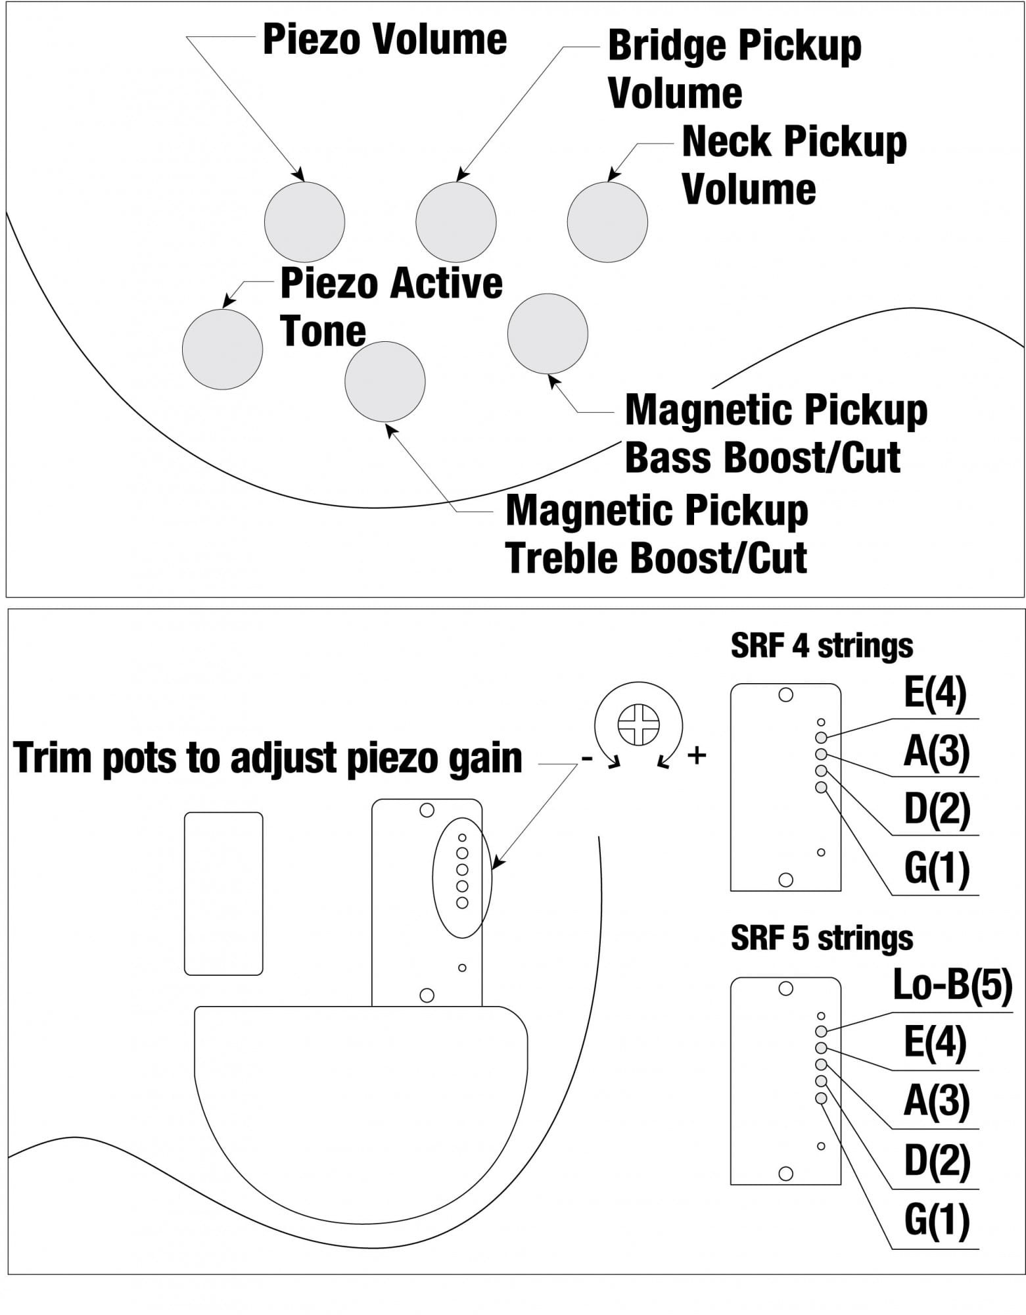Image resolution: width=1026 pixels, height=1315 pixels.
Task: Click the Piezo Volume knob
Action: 304,222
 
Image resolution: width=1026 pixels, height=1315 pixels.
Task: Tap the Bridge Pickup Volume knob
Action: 455,222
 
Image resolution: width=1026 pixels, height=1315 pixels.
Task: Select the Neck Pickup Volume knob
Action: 607,222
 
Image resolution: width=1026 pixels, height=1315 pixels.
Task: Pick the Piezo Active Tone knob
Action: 222,349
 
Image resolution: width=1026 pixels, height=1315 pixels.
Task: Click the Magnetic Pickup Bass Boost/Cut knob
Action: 548,333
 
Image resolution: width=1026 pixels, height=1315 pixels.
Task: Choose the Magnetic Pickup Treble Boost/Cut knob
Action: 385,381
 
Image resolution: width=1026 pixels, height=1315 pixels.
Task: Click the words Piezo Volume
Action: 385,39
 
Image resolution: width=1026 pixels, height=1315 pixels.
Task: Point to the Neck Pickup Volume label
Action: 794,165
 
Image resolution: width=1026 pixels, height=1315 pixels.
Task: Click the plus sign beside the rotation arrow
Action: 697,755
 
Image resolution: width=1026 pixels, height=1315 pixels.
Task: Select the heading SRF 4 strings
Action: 822,646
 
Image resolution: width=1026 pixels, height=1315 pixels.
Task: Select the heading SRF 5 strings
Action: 822,938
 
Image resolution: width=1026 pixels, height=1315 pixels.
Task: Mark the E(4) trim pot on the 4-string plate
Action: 821,738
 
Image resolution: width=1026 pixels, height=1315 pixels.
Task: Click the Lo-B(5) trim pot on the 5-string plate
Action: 821,1031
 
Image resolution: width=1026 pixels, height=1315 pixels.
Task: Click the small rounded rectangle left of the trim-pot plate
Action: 223,894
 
